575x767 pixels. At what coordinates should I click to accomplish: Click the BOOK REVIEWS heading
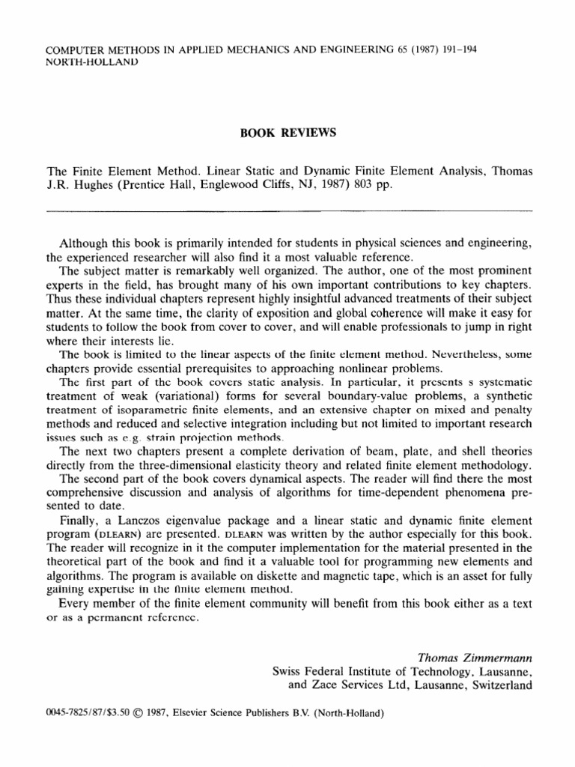pos(287,133)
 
